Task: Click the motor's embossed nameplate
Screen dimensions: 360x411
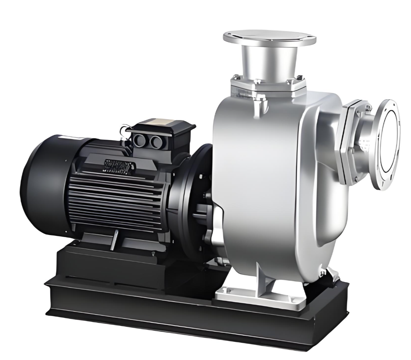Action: [120, 165]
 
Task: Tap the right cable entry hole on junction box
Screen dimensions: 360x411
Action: [156, 142]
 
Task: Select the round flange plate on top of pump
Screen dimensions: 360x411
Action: [269, 37]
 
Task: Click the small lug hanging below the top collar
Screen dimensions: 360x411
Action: [257, 107]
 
